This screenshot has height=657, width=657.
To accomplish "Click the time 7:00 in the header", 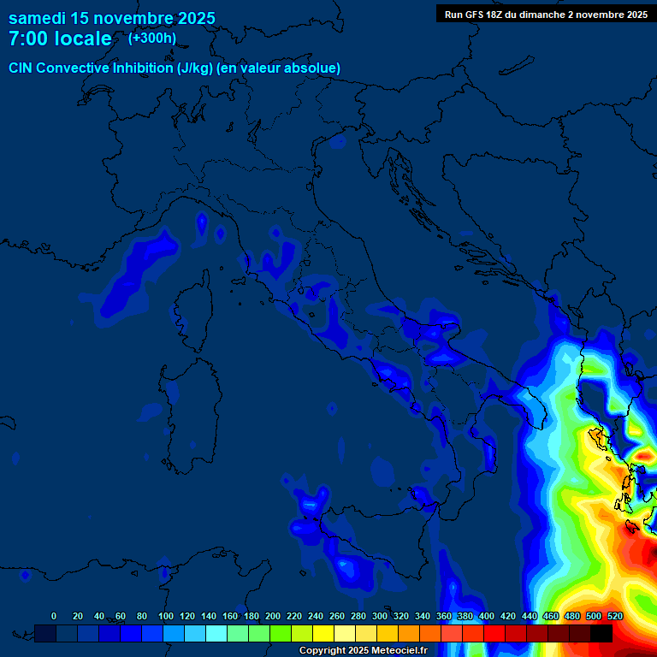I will pyautogui.click(x=27, y=38).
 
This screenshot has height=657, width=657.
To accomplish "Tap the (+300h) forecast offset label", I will pyautogui.click(x=153, y=38).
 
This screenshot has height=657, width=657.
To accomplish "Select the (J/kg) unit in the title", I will pyautogui.click(x=195, y=68).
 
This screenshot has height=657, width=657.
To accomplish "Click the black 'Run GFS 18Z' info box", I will pyautogui.click(x=545, y=14).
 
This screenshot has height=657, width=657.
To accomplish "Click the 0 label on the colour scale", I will pyautogui.click(x=54, y=616).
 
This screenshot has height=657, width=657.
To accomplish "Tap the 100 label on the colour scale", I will pyautogui.click(x=165, y=616).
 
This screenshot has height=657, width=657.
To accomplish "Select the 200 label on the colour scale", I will pyautogui.click(x=273, y=616).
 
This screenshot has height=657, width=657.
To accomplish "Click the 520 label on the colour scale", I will pyautogui.click(x=614, y=616).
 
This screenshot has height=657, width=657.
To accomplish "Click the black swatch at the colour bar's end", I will pyautogui.click(x=601, y=633).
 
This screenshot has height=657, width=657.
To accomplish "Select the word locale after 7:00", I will pyautogui.click(x=83, y=38).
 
